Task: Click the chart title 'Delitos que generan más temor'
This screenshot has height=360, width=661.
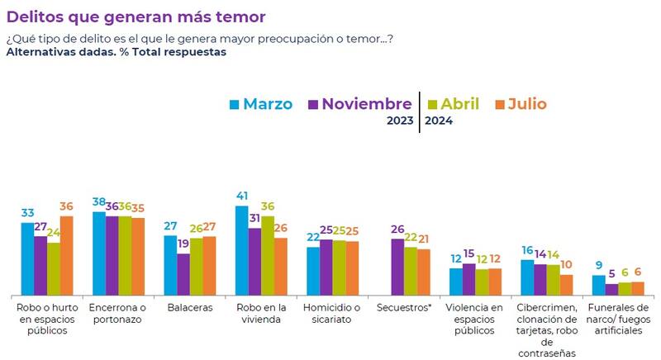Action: [x=137, y=17]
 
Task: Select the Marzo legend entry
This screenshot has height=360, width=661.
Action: [x=261, y=104]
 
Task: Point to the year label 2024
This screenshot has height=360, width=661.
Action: [x=439, y=121]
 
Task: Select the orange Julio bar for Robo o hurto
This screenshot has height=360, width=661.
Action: [x=67, y=255]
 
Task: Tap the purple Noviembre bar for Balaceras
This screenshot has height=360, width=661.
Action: [x=183, y=274]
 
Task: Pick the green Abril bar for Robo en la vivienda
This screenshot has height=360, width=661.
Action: [x=268, y=255]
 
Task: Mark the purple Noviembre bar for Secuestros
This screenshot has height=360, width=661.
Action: [x=397, y=267]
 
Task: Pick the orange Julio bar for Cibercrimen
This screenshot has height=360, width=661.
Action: [x=566, y=285]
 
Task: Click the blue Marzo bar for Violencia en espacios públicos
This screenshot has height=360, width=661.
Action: [x=456, y=282]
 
